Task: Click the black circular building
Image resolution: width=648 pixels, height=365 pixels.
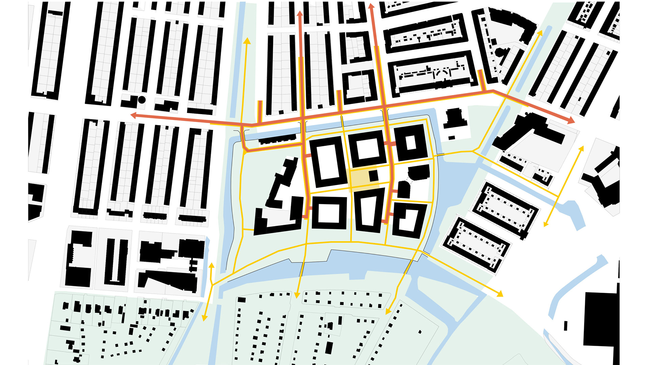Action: (x=142, y=100)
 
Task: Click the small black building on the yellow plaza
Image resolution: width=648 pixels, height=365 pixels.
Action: (x=373, y=176)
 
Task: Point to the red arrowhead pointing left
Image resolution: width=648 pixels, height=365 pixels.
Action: (x=134, y=116)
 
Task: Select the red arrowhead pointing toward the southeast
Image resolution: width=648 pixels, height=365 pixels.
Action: (x=571, y=120)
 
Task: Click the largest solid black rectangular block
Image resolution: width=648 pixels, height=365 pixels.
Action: (x=601, y=319)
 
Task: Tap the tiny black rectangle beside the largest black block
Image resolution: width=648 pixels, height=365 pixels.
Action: (x=566, y=325)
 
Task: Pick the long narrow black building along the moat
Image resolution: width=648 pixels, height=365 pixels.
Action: (x=277, y=139)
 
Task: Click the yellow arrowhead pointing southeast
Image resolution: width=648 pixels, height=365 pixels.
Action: (x=500, y=294)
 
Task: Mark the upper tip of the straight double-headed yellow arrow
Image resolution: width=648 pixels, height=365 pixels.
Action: (x=582, y=148)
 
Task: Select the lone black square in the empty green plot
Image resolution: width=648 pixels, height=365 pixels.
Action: (x=420, y=332)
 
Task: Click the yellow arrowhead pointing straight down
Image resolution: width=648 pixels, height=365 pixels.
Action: (x=297, y=295)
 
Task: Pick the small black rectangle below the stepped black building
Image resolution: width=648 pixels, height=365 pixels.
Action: (x=452, y=138)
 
